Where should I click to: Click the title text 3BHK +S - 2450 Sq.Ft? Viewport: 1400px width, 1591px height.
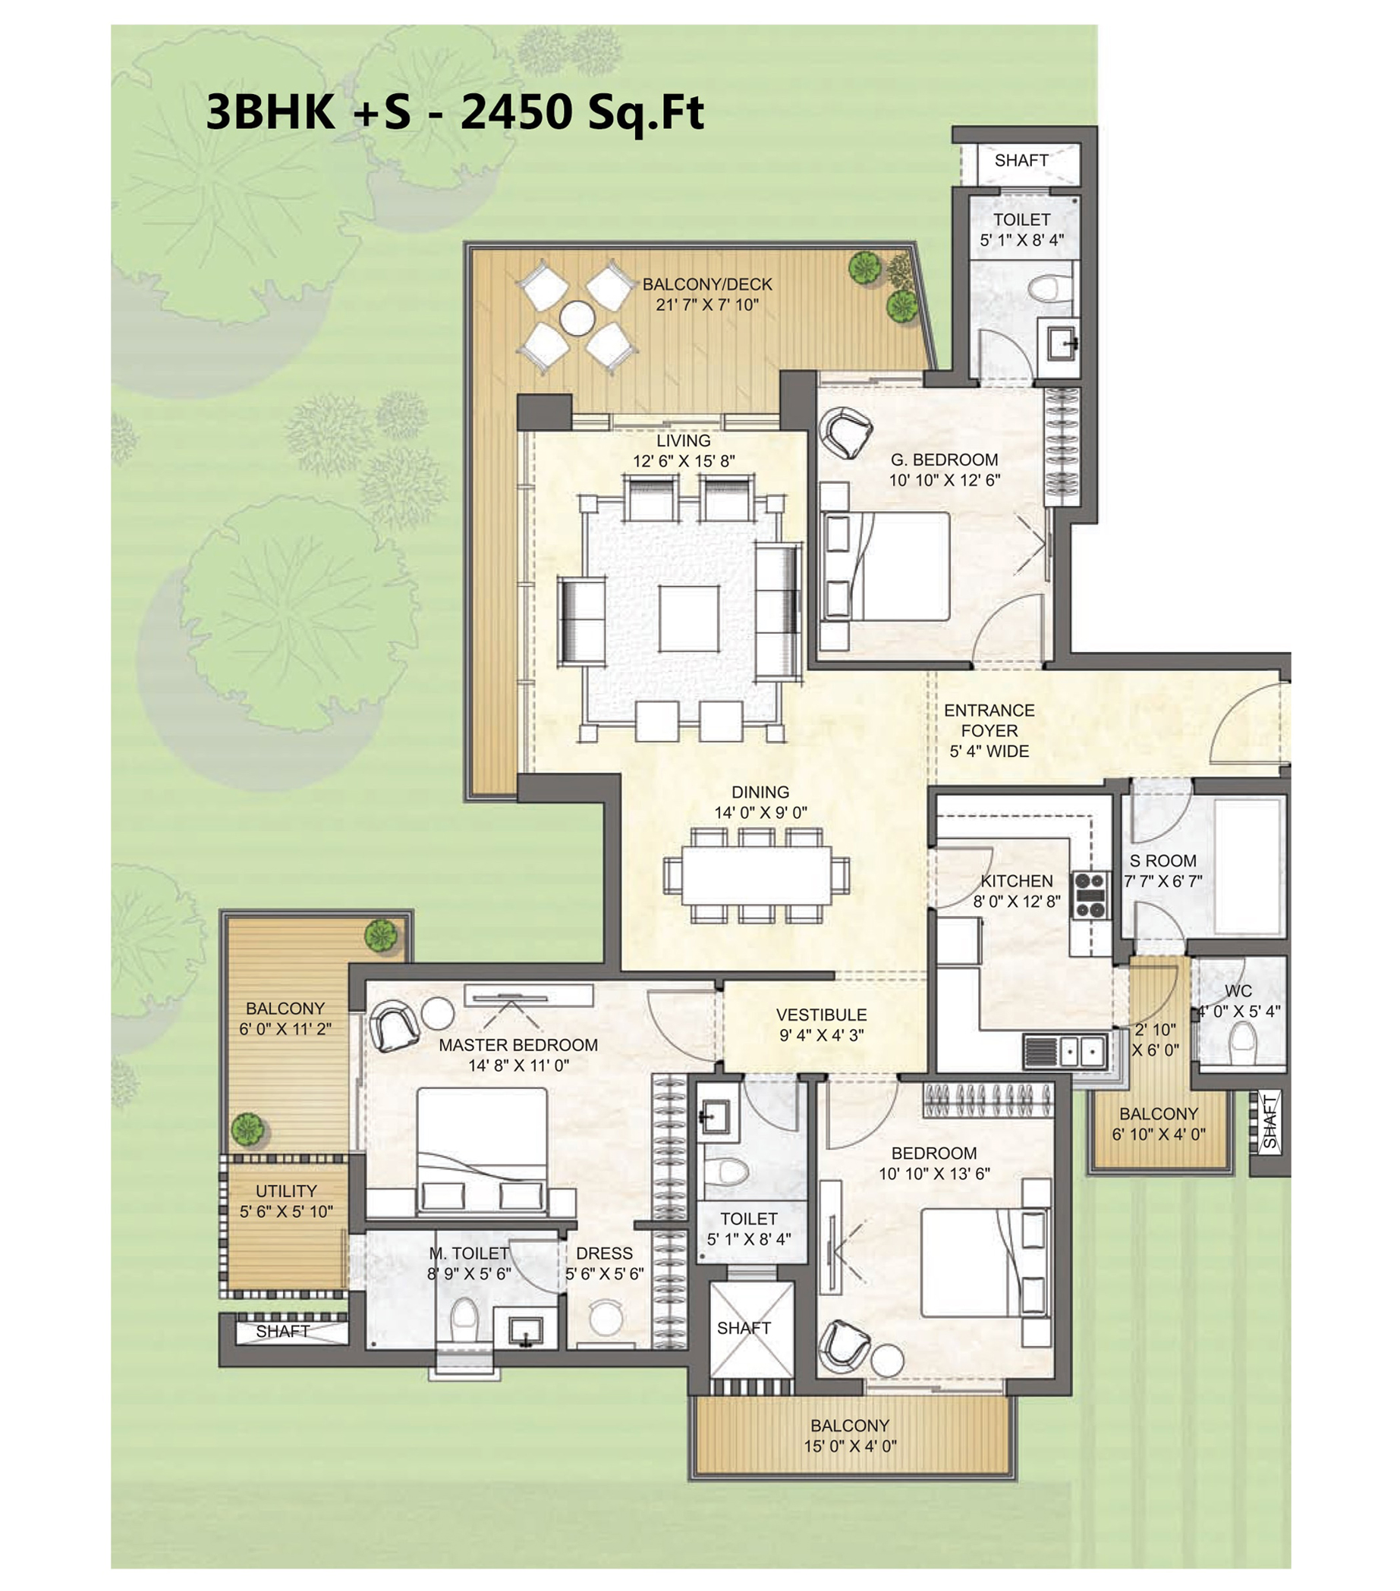455,112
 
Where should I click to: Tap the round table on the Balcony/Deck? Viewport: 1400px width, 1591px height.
577,319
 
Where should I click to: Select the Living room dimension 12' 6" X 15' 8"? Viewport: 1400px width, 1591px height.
683,461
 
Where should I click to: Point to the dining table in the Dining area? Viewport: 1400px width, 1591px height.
756,874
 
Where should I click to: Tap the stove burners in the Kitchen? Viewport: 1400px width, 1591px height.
1092,894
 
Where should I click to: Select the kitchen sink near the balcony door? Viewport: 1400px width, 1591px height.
1082,1053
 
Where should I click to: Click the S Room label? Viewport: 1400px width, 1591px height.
1162,861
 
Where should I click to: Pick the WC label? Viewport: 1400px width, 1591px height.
1238,991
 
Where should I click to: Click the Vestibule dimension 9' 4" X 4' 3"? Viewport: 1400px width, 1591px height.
821,1035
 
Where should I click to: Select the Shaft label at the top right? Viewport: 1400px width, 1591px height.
1021,160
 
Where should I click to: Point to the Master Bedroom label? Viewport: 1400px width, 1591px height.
518,1044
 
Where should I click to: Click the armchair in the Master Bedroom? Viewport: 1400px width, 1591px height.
393,1025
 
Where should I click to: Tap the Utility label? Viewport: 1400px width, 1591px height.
286,1191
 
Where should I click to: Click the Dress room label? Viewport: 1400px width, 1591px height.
603,1254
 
